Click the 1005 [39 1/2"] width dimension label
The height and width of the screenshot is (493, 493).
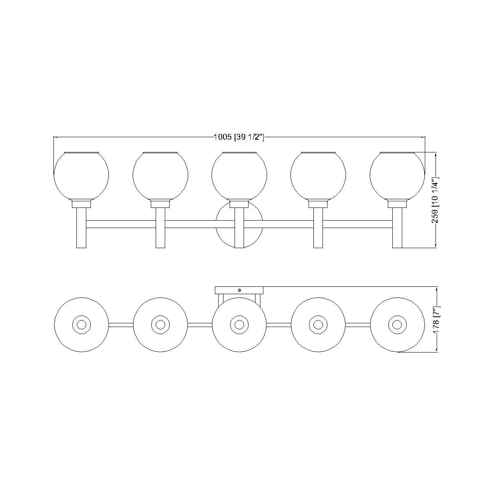click(238, 137)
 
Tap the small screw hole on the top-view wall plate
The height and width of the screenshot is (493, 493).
click(240, 290)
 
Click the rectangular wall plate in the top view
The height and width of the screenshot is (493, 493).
click(239, 290)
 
